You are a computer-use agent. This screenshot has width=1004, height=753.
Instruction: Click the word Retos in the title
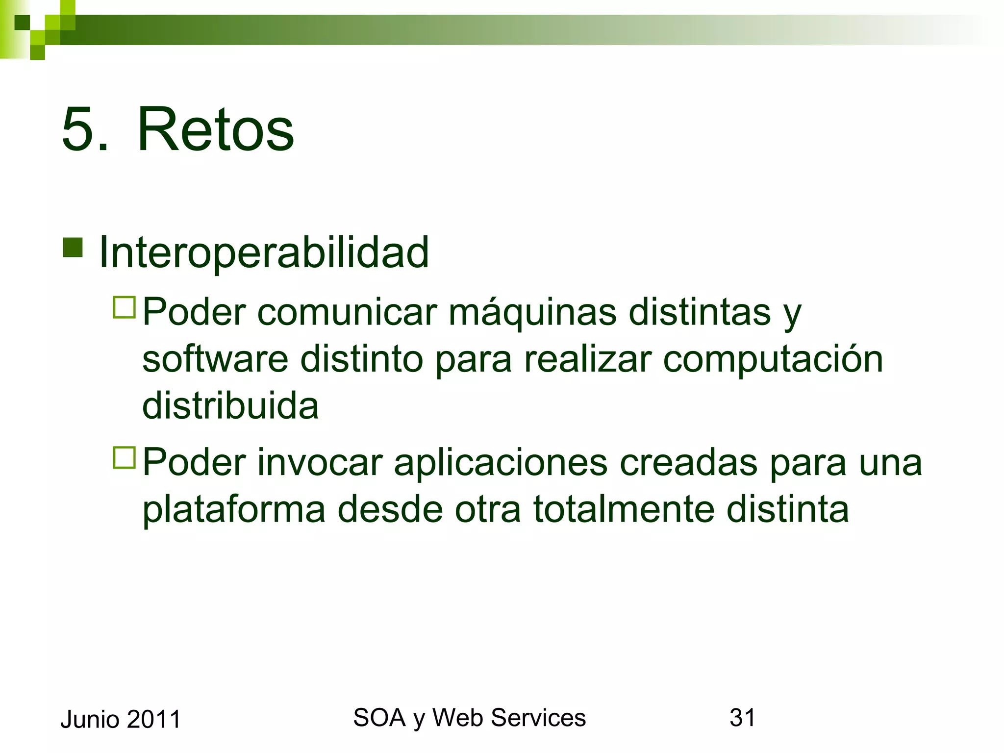click(x=215, y=130)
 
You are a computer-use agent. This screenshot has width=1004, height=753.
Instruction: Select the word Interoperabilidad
click(x=264, y=252)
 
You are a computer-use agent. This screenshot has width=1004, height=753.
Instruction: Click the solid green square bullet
click(x=73, y=248)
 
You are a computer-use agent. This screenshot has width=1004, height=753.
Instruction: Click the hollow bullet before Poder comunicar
click(x=124, y=307)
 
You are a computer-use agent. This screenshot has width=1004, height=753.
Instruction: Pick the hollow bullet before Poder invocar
click(x=124, y=457)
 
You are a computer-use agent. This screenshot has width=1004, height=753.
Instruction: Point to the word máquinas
click(x=532, y=313)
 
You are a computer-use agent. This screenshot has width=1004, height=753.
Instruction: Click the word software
click(x=215, y=359)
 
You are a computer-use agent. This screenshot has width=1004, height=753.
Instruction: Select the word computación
click(x=773, y=359)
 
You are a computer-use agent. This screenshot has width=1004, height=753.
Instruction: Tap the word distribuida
click(x=230, y=406)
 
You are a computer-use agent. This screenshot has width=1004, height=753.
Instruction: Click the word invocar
click(x=320, y=462)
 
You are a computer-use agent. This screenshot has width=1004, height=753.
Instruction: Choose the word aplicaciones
click(x=501, y=462)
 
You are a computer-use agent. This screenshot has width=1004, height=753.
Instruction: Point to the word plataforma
click(x=234, y=510)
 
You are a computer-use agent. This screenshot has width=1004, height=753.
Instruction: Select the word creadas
click(x=688, y=462)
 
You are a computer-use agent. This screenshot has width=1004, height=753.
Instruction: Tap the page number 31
click(x=742, y=718)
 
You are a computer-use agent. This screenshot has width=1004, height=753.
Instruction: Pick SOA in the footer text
click(x=379, y=718)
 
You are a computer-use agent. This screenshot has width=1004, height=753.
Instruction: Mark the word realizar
click(x=587, y=359)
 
